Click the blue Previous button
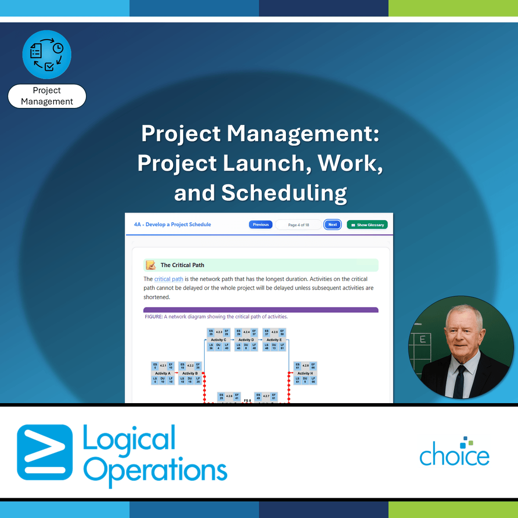click(260, 224)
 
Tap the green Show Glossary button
click(367, 225)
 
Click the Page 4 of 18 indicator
click(298, 225)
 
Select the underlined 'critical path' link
click(169, 279)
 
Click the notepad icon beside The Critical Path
click(151, 265)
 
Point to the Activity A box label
click(163, 373)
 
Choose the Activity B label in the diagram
click(190, 373)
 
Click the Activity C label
click(218, 340)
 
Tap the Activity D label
click(246, 340)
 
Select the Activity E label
click(274, 340)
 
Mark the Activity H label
click(305, 373)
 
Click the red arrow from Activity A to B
click(176, 373)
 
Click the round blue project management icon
click(47, 55)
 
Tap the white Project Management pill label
click(47, 96)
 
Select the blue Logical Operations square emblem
click(45, 452)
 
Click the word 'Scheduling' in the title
click(284, 193)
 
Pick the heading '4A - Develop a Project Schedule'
click(173, 224)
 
